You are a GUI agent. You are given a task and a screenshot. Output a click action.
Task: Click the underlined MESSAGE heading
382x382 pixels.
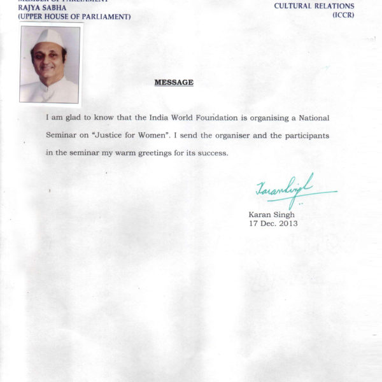174,83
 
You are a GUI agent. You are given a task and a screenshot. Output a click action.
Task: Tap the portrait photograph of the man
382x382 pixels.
50,64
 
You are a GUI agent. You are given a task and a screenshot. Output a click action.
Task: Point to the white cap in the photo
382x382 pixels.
48,37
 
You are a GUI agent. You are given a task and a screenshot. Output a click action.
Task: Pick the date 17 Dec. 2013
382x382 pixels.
273,223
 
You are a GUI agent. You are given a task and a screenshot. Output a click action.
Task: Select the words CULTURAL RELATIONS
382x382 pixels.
314,6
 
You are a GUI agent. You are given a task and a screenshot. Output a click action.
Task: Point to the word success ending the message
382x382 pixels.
211,154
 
